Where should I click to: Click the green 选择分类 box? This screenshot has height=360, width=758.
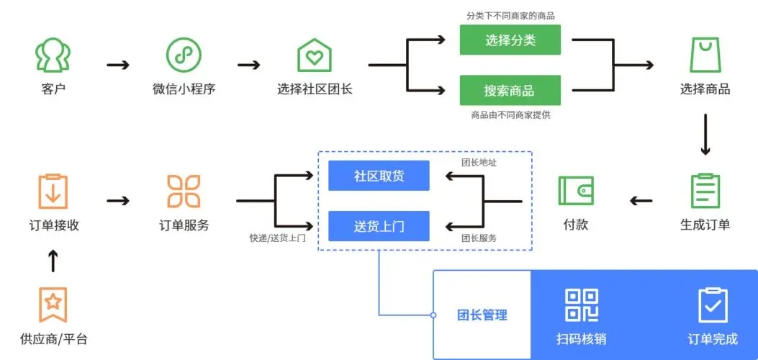(510, 40)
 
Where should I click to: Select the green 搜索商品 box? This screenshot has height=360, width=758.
(510, 91)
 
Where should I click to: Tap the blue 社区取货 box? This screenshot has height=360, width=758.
(379, 176)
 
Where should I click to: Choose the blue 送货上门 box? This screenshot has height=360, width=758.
(379, 226)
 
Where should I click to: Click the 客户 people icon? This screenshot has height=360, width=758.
(53, 55)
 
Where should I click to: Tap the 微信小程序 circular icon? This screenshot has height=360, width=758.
(184, 55)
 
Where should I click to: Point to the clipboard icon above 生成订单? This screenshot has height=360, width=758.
(705, 191)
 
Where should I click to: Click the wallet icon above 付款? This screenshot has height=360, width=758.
(575, 191)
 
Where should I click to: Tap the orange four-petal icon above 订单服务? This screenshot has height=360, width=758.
(184, 191)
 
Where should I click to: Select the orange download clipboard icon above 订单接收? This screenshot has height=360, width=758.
(53, 191)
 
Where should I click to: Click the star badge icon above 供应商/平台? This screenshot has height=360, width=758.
(53, 304)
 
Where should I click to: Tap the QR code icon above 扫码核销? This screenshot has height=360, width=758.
(582, 305)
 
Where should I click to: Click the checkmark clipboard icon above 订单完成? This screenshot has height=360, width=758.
(713, 305)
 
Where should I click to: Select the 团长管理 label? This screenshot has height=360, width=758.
(482, 315)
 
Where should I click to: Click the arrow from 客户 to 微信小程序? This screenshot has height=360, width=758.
(118, 65)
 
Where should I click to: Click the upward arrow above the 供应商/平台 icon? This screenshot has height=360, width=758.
(53, 261)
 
